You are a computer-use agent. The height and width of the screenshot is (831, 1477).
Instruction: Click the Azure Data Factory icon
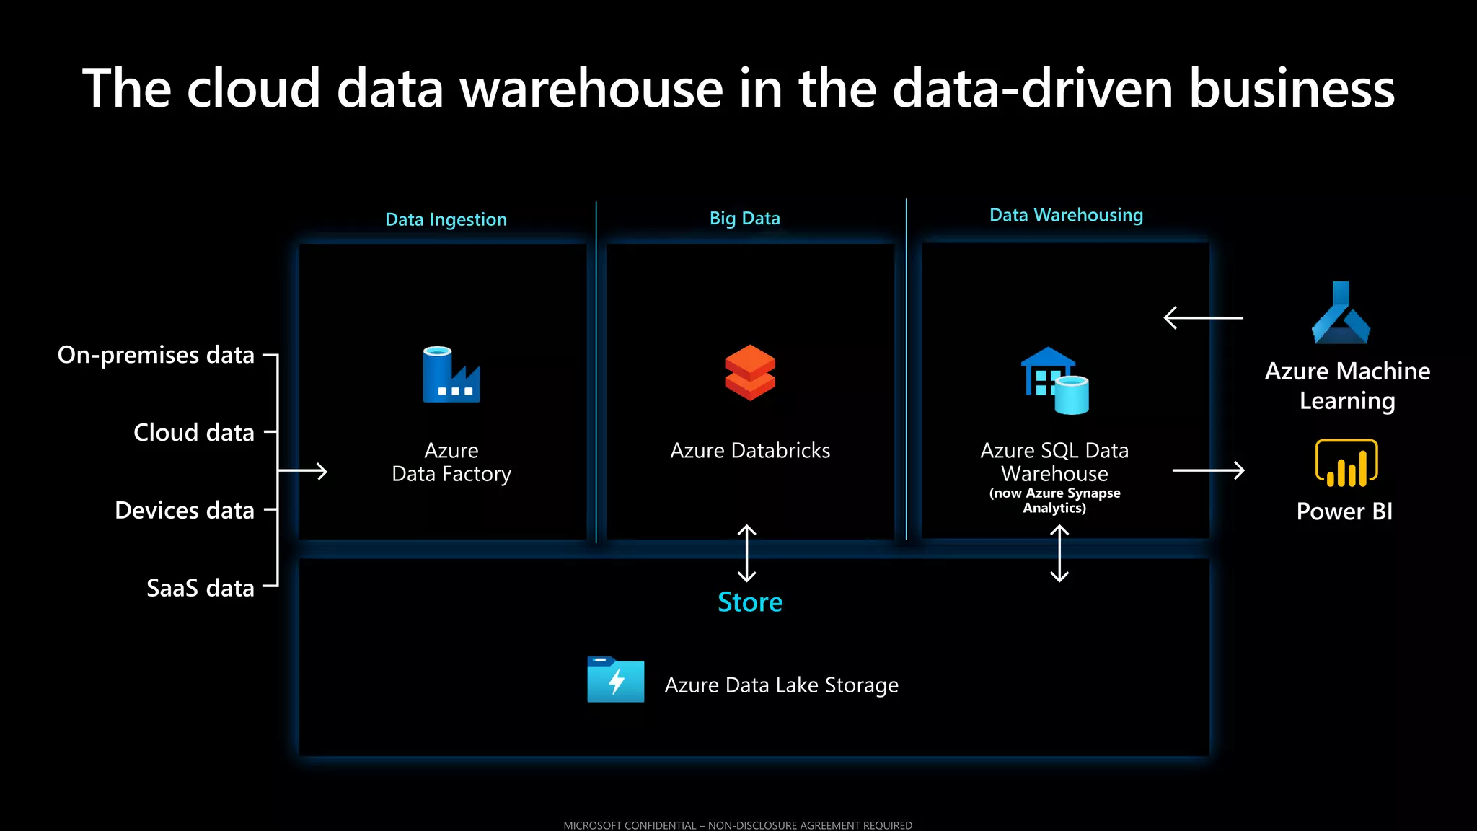coord(451,374)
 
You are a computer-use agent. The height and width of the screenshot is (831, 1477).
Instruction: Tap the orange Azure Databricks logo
coord(750,372)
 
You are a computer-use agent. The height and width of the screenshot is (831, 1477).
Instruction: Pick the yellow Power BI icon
coord(1346,463)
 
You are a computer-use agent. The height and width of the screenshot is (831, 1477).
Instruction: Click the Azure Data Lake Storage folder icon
coord(615,680)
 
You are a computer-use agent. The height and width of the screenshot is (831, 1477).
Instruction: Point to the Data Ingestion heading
coord(446,219)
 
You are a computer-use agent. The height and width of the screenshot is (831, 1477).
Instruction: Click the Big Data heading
coord(744,218)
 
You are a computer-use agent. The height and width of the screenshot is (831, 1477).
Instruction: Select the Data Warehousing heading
coord(1066,215)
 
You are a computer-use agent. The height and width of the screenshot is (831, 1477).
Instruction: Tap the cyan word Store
coord(750,602)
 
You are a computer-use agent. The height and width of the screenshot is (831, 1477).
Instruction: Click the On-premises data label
coord(156,355)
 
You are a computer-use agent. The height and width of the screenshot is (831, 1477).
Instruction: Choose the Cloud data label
coord(194,433)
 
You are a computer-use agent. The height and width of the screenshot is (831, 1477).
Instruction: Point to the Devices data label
coord(185,511)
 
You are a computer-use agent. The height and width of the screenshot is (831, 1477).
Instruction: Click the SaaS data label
coord(200,588)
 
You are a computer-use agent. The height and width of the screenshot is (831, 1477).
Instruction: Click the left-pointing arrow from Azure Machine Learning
coord(1203,317)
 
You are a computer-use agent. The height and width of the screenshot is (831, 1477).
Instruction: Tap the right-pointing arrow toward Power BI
coord(1209,470)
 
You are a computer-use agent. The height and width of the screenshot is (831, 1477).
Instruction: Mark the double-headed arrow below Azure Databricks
coord(747,553)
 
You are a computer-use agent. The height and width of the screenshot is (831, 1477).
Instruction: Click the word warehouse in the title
coord(591,89)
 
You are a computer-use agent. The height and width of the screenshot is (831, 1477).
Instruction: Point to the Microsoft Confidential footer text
coord(738,825)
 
